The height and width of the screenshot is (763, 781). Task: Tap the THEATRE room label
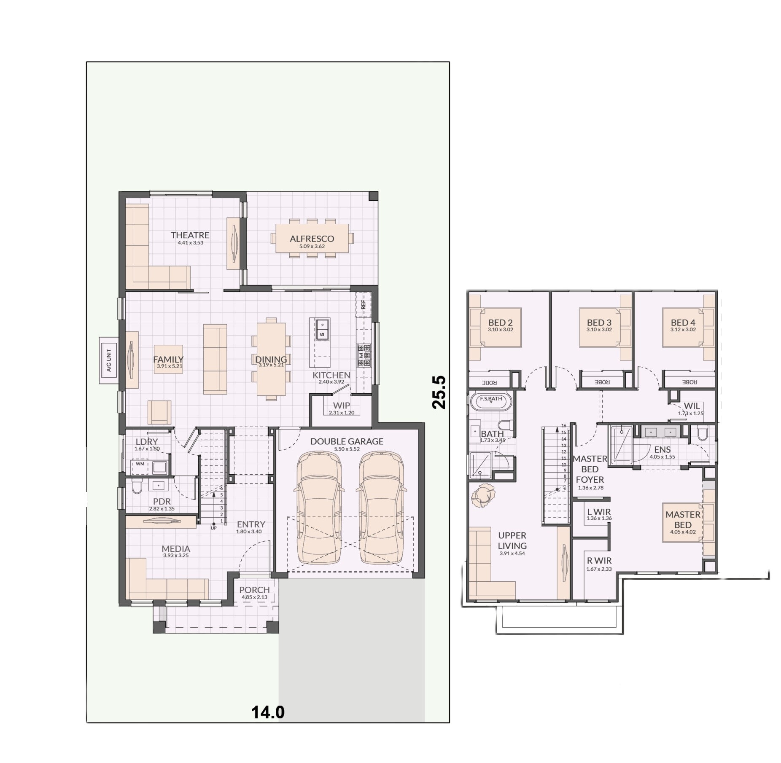click(190, 235)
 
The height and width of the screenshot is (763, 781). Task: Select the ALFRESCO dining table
click(312, 238)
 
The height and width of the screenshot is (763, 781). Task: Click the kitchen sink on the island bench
click(322, 329)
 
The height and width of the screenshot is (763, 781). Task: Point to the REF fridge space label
click(363, 304)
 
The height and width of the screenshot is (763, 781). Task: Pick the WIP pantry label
click(341, 406)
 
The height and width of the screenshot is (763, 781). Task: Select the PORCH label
click(254, 590)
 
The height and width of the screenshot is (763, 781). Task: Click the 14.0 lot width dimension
click(268, 712)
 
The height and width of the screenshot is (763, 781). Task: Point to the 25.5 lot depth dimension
click(439, 392)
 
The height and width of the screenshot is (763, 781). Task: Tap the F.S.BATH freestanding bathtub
click(491, 401)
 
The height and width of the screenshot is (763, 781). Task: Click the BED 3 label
click(599, 322)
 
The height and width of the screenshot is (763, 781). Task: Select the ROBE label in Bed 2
click(489, 383)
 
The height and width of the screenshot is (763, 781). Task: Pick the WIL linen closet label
click(692, 406)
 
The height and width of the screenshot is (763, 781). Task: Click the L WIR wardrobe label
click(599, 512)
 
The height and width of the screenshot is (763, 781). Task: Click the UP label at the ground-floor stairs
click(214, 528)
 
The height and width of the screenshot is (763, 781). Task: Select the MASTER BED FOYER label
click(590, 469)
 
